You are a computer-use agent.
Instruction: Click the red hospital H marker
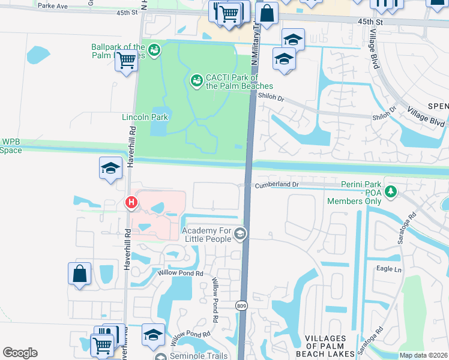(131, 203)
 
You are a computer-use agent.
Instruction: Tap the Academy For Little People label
(206, 235)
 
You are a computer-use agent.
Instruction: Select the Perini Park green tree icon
(391, 191)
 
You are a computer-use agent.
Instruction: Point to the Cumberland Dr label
(276, 185)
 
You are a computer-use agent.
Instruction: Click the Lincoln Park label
(145, 117)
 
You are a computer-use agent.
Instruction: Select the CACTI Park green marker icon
(196, 80)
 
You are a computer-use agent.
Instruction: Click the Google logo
(20, 352)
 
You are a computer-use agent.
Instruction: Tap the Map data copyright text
(423, 355)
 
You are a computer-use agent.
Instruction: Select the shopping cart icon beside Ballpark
(127, 61)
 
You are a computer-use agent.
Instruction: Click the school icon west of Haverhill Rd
(110, 168)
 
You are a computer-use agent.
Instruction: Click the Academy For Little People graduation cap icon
(240, 235)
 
